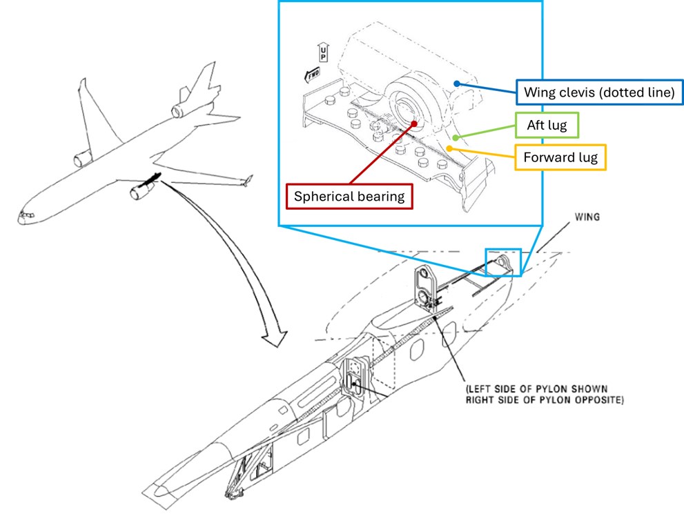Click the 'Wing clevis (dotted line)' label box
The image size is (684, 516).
tap(595, 92)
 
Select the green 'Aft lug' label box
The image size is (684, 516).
tap(547, 126)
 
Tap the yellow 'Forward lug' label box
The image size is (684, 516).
tap(560, 157)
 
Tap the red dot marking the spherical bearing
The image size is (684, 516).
tap(415, 124)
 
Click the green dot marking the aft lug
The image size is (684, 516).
tap(453, 138)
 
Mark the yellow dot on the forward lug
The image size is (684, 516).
tap(449, 148)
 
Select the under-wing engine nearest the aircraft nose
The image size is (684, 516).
tap(84, 159)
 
